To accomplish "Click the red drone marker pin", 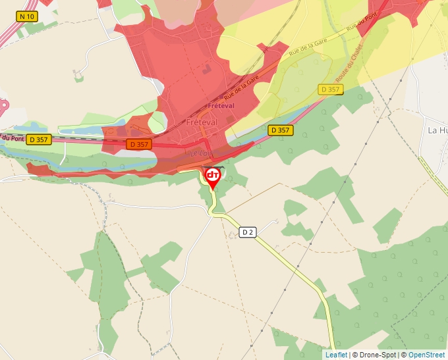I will point(213,176).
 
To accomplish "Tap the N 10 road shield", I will point(26,16).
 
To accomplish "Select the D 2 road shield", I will point(247,232).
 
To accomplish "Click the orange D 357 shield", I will point(140,144).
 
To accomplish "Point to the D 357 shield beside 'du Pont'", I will point(39,140).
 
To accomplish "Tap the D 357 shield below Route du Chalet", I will point(331,89).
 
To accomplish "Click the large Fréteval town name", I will point(202,122).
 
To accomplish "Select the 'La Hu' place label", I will point(437,130).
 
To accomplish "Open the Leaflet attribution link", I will point(336,355).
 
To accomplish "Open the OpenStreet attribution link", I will point(426,355).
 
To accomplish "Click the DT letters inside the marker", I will point(213,175).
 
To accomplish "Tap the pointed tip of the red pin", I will point(213,190).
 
